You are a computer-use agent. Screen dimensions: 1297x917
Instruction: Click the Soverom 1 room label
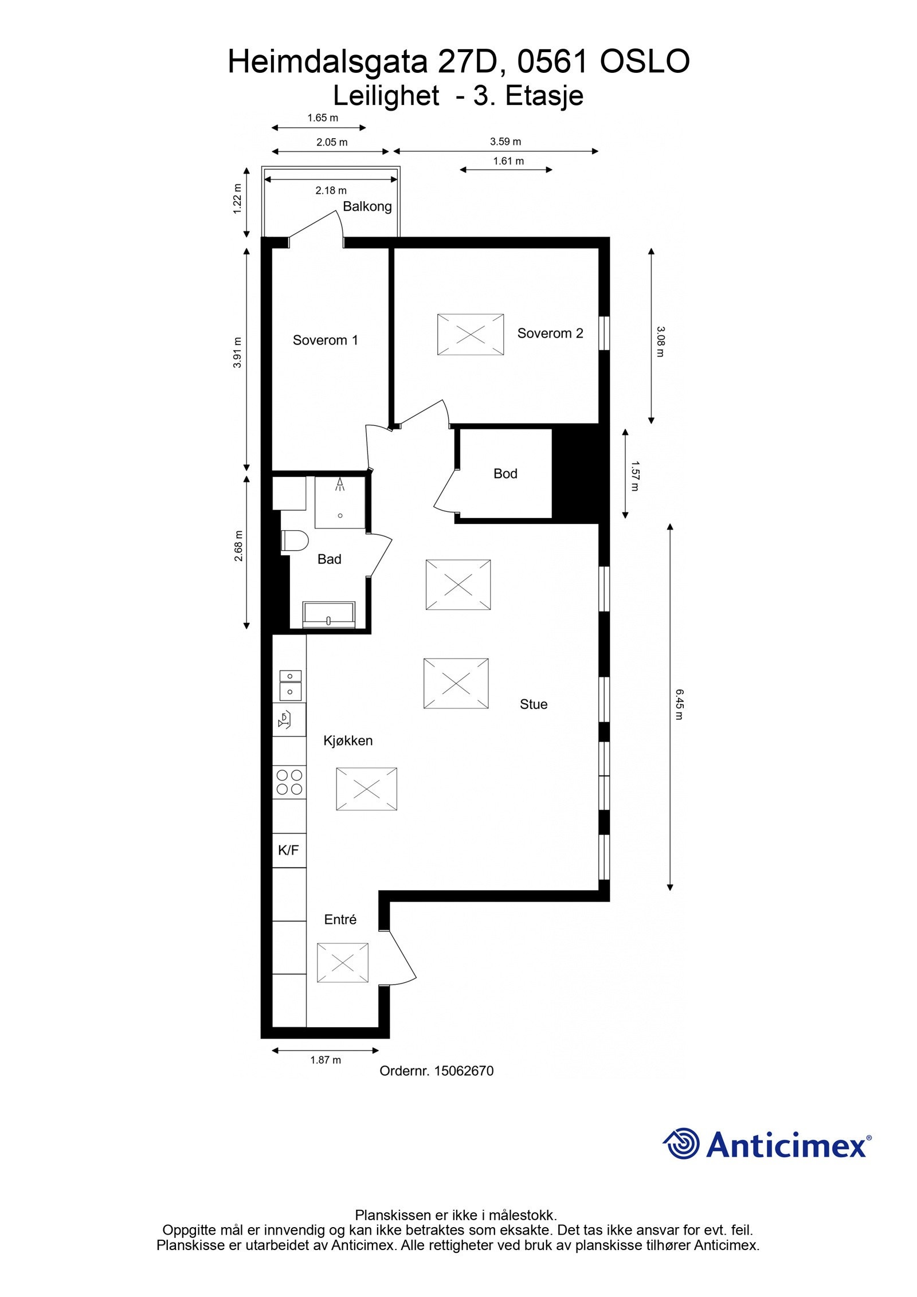click(325, 340)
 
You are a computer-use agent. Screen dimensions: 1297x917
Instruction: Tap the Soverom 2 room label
click(550, 333)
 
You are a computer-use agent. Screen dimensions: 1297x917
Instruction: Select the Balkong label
click(367, 206)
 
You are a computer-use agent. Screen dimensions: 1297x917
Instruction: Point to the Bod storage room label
click(505, 473)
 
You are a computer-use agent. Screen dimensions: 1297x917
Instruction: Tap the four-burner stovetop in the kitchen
click(289, 782)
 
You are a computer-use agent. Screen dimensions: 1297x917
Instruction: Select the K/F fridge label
click(288, 850)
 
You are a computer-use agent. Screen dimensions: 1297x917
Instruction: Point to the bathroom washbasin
click(329, 613)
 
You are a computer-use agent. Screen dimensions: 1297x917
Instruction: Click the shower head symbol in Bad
click(340, 485)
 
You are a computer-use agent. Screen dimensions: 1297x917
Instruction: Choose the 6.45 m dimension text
click(679, 704)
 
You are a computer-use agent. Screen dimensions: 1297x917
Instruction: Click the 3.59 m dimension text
click(505, 142)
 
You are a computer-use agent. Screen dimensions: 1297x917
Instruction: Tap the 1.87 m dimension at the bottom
click(325, 1060)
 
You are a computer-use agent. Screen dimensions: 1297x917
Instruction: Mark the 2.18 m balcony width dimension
click(331, 190)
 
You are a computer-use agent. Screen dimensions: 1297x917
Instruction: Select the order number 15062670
click(464, 1071)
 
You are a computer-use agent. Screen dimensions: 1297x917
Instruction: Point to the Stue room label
click(533, 704)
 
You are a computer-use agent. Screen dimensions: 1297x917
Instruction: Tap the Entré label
click(340, 920)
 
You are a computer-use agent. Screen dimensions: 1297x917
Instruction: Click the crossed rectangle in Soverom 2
click(470, 334)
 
